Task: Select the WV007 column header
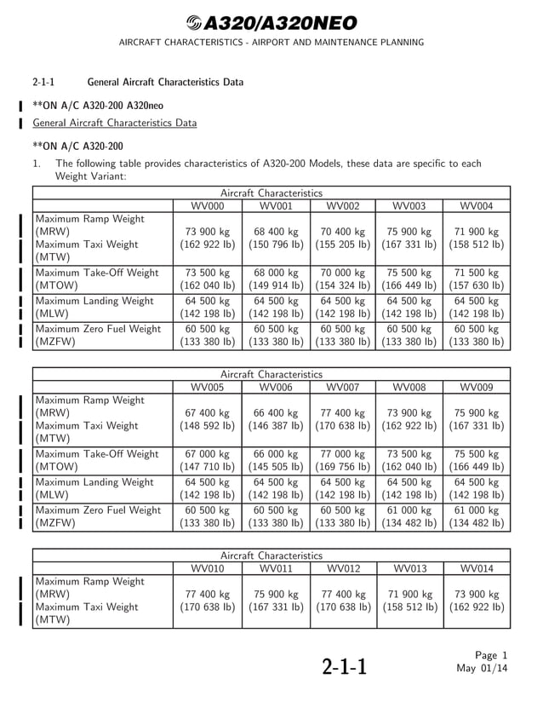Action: coord(343,387)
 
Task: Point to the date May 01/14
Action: coord(482,668)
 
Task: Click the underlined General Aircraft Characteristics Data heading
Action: coord(114,123)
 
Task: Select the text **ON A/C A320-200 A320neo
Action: coord(98,106)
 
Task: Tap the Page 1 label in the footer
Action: coord(491,655)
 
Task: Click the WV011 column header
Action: coord(276,568)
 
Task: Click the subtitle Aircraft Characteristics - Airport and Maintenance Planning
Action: coord(271,43)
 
